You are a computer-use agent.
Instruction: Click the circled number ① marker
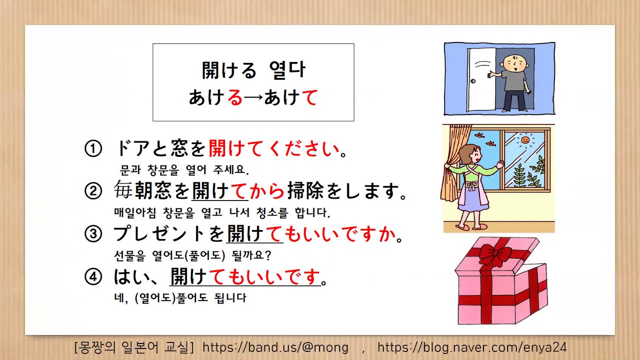coord(93,148)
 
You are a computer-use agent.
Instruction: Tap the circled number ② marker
coord(93,191)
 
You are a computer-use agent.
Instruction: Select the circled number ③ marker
coord(93,233)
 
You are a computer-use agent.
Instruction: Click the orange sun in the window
coord(525,140)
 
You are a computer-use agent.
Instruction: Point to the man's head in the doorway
coord(514,62)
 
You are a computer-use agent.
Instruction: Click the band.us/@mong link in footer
coord(275,347)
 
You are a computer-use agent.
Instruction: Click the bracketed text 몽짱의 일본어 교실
coord(133,347)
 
